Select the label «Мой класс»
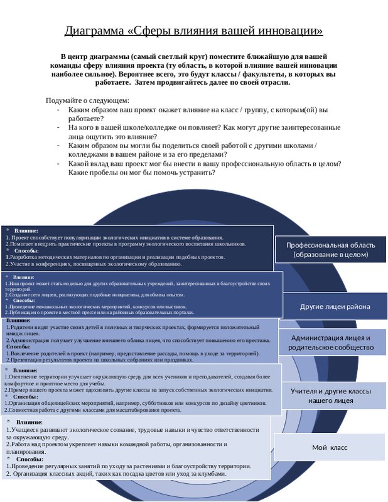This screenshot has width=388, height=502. point(330,447)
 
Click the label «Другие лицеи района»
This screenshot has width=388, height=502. point(334,307)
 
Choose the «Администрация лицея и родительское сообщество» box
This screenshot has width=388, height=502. point(331,342)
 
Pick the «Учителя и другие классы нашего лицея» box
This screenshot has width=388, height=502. point(330,395)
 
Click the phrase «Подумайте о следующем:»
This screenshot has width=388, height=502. point(87,100)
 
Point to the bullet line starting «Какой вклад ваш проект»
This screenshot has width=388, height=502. point(204,163)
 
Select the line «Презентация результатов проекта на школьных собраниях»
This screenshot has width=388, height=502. point(100,360)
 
